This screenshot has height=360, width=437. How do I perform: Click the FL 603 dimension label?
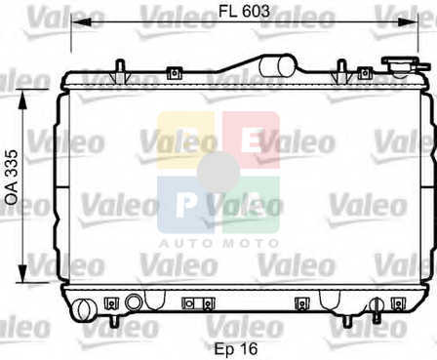click(x=244, y=12)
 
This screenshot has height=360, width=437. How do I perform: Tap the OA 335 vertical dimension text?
click(x=12, y=178)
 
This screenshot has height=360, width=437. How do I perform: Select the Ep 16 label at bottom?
click(x=236, y=349)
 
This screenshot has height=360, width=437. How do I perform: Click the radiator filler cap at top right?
click(x=400, y=64)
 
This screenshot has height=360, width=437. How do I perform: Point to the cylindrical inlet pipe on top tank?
click(x=276, y=66)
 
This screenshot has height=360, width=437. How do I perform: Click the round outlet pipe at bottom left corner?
click(x=85, y=309)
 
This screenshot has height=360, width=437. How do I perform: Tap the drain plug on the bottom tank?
click(x=377, y=309)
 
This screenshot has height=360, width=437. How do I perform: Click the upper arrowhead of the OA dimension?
click(x=22, y=100)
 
